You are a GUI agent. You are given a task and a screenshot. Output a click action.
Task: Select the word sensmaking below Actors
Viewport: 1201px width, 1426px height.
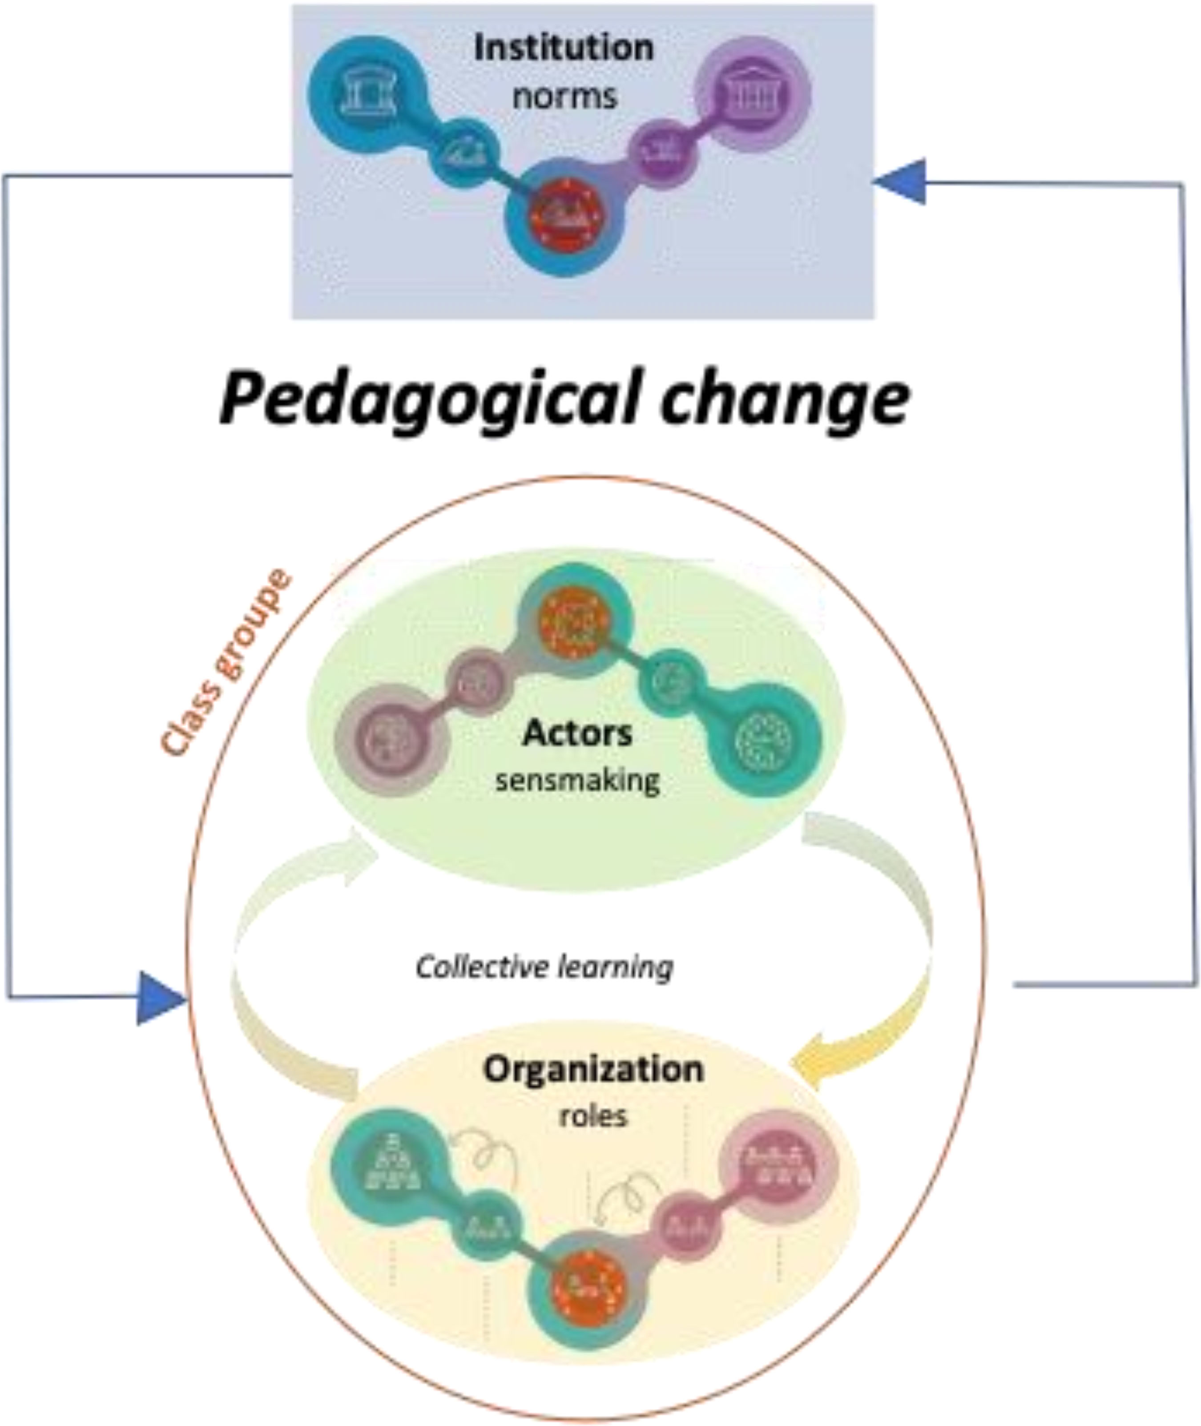click(x=577, y=781)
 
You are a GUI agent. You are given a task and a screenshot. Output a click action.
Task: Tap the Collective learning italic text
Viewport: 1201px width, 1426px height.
click(x=544, y=967)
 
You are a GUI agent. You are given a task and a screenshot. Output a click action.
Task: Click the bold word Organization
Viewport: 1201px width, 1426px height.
click(x=593, y=1069)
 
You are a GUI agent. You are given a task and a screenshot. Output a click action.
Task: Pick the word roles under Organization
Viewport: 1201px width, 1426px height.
click(x=593, y=1117)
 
